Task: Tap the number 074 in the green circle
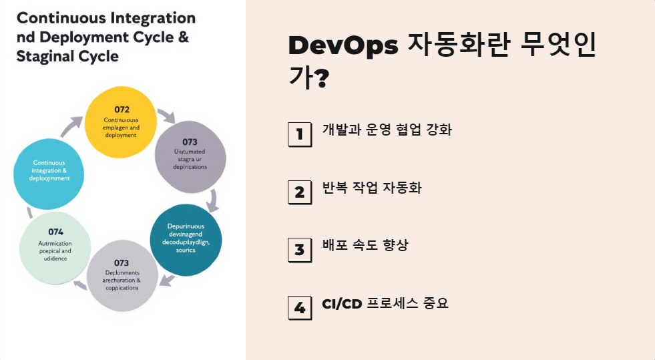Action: click(x=55, y=232)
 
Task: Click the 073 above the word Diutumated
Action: click(x=190, y=142)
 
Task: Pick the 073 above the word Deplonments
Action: click(x=122, y=263)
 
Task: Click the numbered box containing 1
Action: click(x=300, y=134)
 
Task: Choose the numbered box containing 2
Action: click(x=300, y=192)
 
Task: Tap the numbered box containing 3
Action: click(x=300, y=250)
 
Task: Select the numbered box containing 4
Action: click(x=300, y=307)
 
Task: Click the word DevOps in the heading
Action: click(x=342, y=46)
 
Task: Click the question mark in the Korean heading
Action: click(x=321, y=80)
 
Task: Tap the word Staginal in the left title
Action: click(x=43, y=57)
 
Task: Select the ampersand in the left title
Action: click(x=183, y=37)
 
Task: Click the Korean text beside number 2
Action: click(x=371, y=188)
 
